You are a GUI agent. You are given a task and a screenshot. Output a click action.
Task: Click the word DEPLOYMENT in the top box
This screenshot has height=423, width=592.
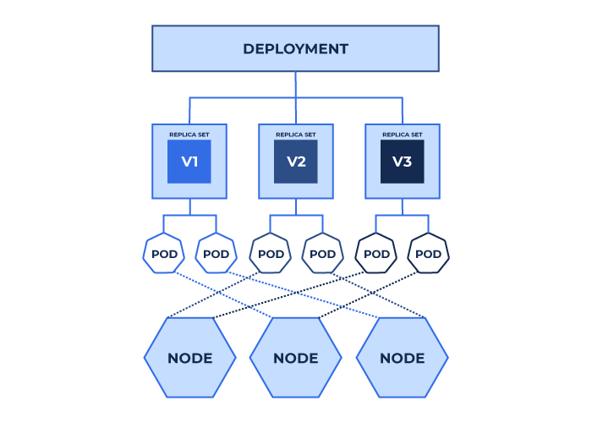(295, 49)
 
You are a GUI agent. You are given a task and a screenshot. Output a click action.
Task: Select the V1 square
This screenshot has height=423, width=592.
(189, 162)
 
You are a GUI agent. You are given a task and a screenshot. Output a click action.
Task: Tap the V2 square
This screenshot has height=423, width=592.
(296, 162)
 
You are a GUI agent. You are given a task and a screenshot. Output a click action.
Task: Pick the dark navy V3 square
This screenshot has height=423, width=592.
(402, 162)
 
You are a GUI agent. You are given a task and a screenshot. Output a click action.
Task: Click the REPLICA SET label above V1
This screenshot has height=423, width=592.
(189, 135)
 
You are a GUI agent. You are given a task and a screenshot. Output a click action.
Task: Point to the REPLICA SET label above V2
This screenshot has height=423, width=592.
(296, 135)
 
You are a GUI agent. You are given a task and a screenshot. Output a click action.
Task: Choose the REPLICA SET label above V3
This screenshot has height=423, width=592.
(402, 135)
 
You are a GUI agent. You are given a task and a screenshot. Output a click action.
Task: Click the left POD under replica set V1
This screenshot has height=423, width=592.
(164, 253)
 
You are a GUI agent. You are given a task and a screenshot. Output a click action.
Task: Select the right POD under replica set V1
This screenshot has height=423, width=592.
(216, 253)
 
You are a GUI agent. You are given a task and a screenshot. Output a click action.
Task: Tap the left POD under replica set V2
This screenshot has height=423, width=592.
(271, 253)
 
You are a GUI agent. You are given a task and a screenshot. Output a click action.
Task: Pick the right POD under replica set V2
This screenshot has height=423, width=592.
(322, 253)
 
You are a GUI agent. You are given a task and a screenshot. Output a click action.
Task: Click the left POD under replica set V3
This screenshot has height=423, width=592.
(376, 253)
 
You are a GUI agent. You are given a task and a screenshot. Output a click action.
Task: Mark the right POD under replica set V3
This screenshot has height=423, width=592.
(428, 253)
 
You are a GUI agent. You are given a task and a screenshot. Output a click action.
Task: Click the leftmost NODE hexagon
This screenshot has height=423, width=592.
(190, 358)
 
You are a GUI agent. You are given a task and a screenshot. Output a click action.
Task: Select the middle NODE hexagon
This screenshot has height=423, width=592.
(296, 358)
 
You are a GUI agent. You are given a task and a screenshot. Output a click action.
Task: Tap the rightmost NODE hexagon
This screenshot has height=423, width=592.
(402, 358)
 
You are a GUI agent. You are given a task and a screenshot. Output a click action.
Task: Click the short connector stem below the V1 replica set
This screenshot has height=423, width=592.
(190, 207)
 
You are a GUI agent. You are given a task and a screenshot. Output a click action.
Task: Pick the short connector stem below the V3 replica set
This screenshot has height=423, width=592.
(402, 207)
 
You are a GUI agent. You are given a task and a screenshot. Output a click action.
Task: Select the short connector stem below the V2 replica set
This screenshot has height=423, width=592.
(296, 207)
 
